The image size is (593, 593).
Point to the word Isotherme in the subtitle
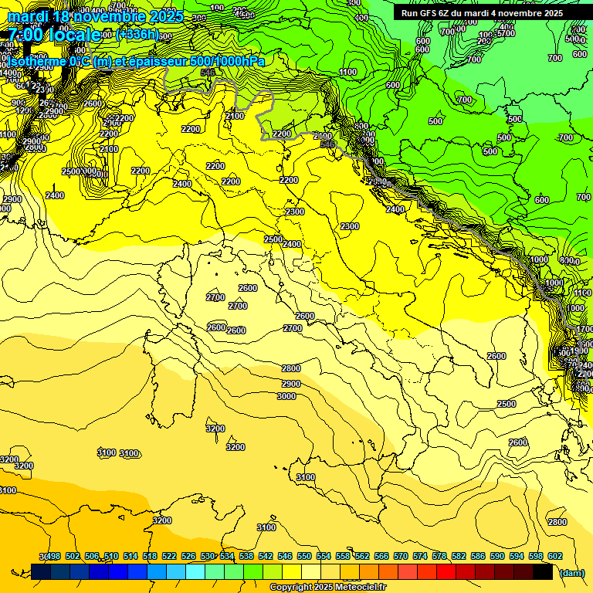tap(34, 61)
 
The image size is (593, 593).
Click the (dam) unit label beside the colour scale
tap(571, 572)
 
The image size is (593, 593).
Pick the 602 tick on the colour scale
tap(554, 557)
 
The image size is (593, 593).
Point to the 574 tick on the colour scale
tap(420, 557)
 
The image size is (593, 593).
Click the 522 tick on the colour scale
tap(169, 557)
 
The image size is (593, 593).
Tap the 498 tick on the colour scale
tap(53, 557)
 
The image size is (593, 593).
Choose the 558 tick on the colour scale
tap(343, 557)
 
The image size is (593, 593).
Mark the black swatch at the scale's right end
tap(542, 572)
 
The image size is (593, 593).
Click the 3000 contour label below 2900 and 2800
tap(286, 396)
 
